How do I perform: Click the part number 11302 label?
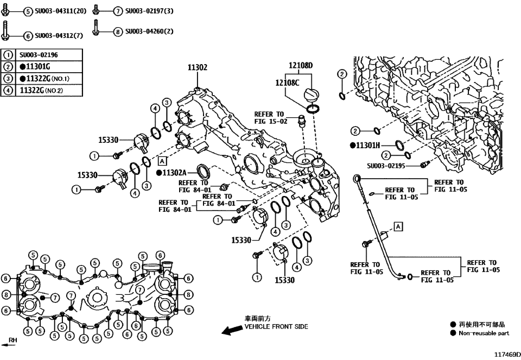point(198,68)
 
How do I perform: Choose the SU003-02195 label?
point(386,166)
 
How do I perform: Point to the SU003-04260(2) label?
point(149,31)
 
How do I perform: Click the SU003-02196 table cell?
point(39,55)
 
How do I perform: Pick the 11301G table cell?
point(36,67)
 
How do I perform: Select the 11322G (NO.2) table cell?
point(41,91)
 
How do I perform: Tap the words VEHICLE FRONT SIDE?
point(276,327)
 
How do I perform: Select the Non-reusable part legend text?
point(484,333)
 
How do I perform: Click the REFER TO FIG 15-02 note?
point(269,118)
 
